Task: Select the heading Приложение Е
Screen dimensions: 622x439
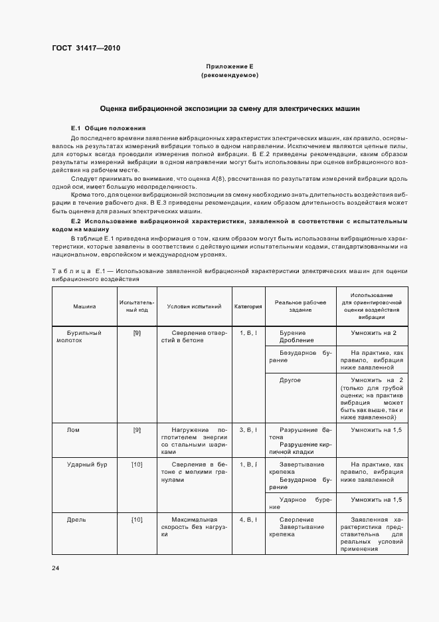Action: pos(229,66)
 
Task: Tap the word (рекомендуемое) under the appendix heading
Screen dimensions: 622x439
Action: pos(229,75)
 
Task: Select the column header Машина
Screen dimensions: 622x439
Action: pos(84,306)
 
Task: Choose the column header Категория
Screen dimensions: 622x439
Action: pos(248,306)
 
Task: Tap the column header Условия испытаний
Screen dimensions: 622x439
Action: pos(194,306)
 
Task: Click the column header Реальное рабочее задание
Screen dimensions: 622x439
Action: pos(300,306)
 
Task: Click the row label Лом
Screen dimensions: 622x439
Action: pos(73,430)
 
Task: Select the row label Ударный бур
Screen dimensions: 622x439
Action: pos(82,464)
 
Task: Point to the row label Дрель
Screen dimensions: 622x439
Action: pos(76,519)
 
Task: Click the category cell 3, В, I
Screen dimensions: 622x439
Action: pos(248,430)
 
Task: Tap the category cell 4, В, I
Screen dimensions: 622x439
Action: pos(248,519)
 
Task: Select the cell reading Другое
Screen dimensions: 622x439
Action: pos(290,380)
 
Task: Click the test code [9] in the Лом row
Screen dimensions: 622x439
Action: pos(137,430)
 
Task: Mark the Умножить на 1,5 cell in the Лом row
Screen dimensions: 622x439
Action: pos(377,430)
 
